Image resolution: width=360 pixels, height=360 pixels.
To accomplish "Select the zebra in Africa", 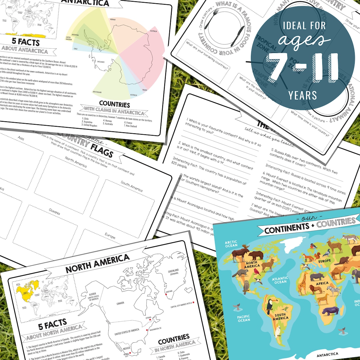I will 333,291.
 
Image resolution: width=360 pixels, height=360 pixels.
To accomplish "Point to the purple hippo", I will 330,311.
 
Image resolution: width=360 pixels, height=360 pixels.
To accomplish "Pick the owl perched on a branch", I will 246,287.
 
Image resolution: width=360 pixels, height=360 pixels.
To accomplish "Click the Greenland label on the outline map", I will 173,272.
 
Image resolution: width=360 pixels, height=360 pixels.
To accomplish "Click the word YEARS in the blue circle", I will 303,96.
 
